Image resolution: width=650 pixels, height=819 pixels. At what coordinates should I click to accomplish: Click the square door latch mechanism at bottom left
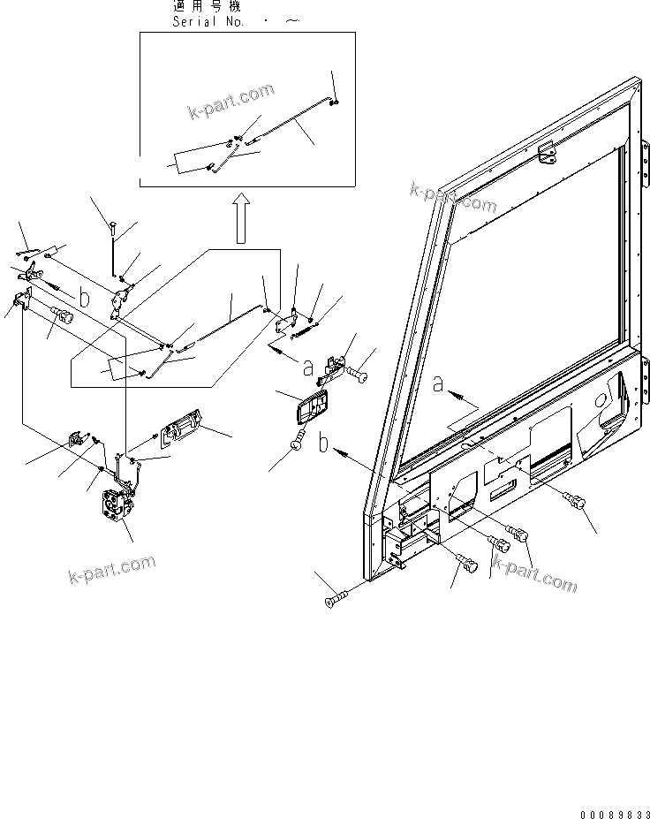click(116, 511)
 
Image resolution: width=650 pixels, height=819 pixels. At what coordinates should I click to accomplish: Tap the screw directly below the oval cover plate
click(298, 438)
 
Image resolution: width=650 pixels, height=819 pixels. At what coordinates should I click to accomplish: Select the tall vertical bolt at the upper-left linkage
click(114, 252)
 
